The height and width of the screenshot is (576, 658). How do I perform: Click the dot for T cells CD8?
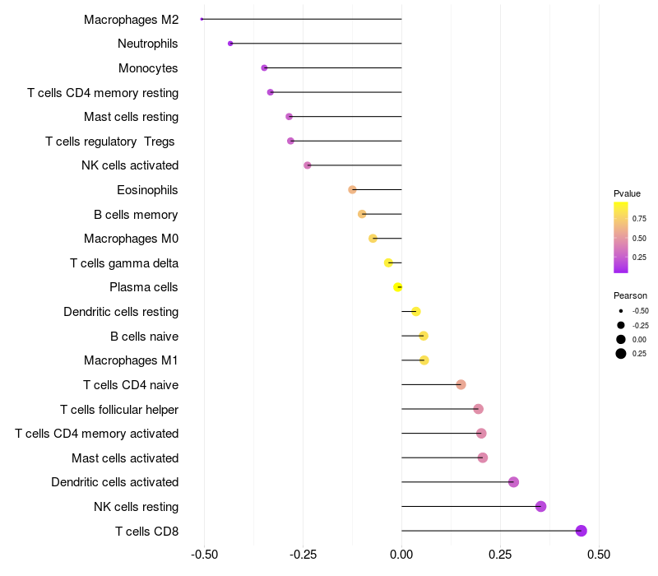pyautogui.click(x=582, y=531)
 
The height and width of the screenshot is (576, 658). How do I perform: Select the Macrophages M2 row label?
pyautogui.click(x=131, y=19)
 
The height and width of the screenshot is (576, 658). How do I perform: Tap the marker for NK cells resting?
pyautogui.click(x=540, y=506)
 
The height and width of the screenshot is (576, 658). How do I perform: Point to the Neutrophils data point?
pyautogui.click(x=230, y=43)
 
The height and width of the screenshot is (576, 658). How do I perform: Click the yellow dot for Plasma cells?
pyautogui.click(x=398, y=287)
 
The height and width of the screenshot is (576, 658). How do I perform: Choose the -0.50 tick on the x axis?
pyautogui.click(x=204, y=555)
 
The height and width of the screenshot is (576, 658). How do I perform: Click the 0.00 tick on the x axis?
pyautogui.click(x=401, y=555)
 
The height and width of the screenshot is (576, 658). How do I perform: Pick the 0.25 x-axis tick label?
pyautogui.click(x=500, y=555)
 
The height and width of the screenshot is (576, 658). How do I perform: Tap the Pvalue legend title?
pyautogui.click(x=627, y=193)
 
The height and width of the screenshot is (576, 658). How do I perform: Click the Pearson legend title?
pyautogui.click(x=630, y=295)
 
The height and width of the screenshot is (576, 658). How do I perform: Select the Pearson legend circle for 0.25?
pyautogui.click(x=621, y=354)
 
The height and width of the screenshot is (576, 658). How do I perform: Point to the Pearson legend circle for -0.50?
pyautogui.click(x=621, y=311)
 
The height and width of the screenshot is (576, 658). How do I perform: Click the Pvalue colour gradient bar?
pyautogui.click(x=621, y=237)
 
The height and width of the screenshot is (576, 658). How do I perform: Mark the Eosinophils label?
pyautogui.click(x=147, y=190)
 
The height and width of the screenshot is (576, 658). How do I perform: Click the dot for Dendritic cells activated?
pyautogui.click(x=514, y=482)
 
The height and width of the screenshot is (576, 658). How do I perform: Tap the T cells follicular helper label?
pyautogui.click(x=119, y=409)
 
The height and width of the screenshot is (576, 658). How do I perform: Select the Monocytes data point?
pyautogui.click(x=264, y=67)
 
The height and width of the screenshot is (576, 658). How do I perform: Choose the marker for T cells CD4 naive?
pyautogui.click(x=461, y=384)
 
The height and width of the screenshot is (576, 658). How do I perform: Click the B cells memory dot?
pyautogui.click(x=362, y=214)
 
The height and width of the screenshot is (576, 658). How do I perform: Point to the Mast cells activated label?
pyautogui.click(x=125, y=458)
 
